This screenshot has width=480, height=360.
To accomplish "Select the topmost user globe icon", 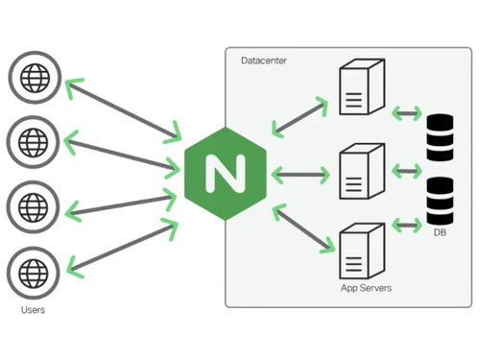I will (x=33, y=78).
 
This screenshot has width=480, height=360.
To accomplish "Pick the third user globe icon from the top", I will (x=33, y=205).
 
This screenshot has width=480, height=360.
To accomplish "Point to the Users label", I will (x=33, y=310).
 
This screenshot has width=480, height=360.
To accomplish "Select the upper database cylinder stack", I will (x=440, y=138).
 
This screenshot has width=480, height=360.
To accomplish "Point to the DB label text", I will (x=440, y=233).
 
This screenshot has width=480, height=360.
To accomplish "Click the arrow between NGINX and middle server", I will (x=301, y=174).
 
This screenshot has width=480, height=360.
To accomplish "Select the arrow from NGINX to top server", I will (x=300, y=114).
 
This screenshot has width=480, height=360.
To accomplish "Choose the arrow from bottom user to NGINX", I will (x=119, y=246).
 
